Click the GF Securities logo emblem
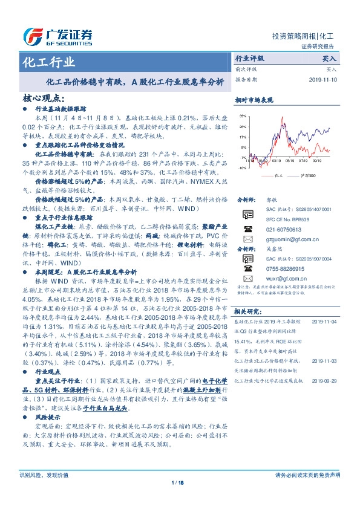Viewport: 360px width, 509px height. click(32, 37)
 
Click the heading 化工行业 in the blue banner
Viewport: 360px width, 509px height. click(49, 62)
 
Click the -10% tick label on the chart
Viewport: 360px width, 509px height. click(242, 168)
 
